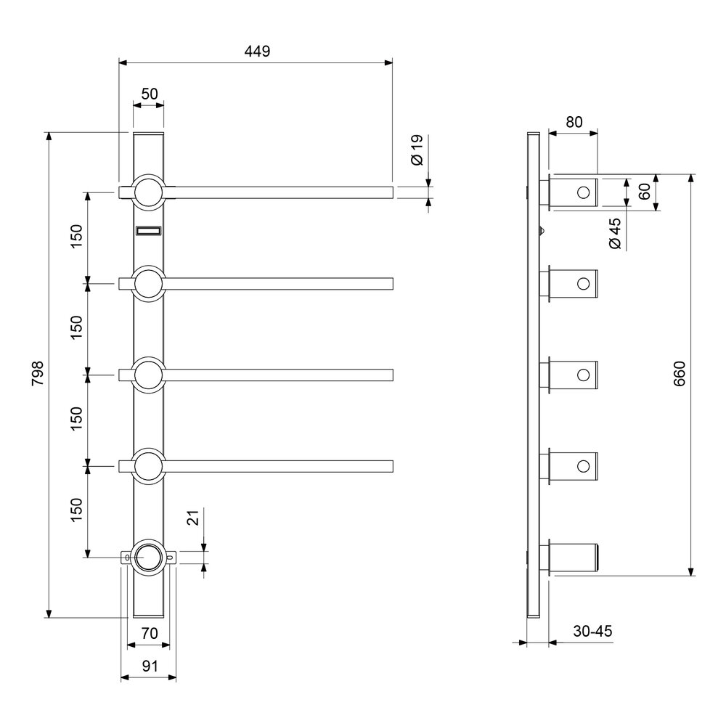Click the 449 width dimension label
pyautogui.click(x=257, y=51)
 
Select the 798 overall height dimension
pyautogui.click(x=37, y=373)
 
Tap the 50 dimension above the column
pyautogui.click(x=149, y=94)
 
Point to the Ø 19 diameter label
pyautogui.click(x=417, y=150)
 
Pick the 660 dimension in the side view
pyautogui.click(x=679, y=374)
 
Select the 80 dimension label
pyautogui.click(x=574, y=122)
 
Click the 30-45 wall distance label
pyautogui.click(x=592, y=631)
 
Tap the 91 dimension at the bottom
pyautogui.click(x=150, y=666)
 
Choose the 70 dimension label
pyautogui.click(x=149, y=633)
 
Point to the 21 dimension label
pyautogui.click(x=195, y=517)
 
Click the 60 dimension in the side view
pyautogui.click(x=644, y=191)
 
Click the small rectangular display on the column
pyautogui.click(x=148, y=231)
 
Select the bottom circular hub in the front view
pyautogui.click(x=148, y=558)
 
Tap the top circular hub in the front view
pyautogui.click(x=148, y=192)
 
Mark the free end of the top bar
pyautogui.click(x=393, y=192)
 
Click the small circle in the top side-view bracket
pyautogui.click(x=584, y=192)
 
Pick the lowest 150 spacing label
pyautogui.click(x=76, y=510)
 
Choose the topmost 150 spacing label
pyautogui.click(x=76, y=236)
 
